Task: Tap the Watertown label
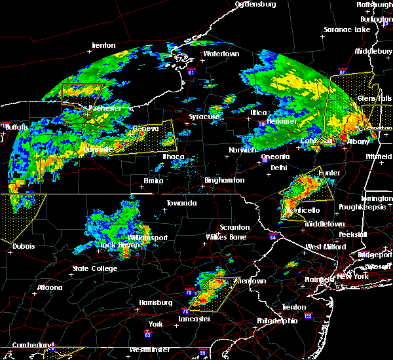point(221,54)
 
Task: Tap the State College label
point(95,268)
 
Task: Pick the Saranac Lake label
point(346,30)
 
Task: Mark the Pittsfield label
point(376,159)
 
